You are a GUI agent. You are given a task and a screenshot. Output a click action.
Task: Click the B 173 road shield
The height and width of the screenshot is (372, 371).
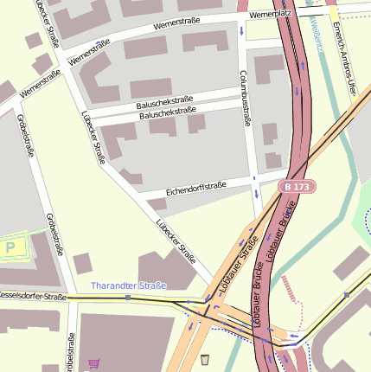(298, 186)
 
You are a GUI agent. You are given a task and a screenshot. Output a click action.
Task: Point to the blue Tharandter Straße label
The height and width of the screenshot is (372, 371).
(128, 285)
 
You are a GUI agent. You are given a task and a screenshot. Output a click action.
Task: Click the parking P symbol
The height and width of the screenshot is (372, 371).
(10, 247)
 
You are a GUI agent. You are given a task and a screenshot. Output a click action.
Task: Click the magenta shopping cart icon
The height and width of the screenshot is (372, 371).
(93, 363)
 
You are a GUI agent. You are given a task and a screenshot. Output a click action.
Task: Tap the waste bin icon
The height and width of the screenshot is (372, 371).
(205, 359)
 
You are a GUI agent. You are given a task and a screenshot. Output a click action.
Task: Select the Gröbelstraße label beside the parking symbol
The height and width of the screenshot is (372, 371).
(54, 234)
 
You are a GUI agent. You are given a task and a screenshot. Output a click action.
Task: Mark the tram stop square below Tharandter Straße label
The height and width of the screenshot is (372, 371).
(128, 298)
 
